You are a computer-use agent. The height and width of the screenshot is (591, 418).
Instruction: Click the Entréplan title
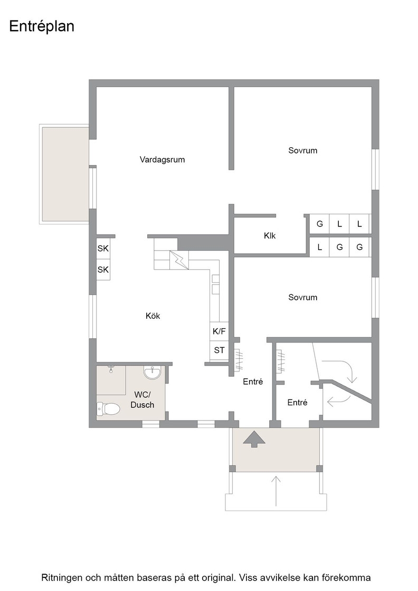pyautogui.click(x=42, y=27)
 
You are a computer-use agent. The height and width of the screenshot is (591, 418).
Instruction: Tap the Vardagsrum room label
pyautogui.click(x=162, y=160)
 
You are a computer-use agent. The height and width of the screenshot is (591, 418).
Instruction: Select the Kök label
pyautogui.click(x=153, y=316)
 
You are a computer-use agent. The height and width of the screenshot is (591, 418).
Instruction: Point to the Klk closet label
pyautogui.click(x=270, y=235)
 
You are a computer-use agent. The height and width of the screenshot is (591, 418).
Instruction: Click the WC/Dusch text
pyautogui.click(x=142, y=400)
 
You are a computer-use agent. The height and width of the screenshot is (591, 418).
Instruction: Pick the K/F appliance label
pyautogui.click(x=219, y=331)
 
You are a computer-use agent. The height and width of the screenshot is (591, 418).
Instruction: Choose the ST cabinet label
pyautogui.click(x=219, y=350)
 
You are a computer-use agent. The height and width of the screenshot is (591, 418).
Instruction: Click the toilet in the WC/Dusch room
pyautogui.click(x=108, y=407)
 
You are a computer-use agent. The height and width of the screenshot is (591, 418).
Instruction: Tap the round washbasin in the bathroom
pyautogui.click(x=153, y=372)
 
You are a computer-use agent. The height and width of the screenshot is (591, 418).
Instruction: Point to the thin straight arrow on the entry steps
pyautogui.click(x=276, y=491)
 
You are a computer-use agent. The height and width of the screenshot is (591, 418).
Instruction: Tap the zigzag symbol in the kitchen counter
pyautogui.click(x=179, y=260)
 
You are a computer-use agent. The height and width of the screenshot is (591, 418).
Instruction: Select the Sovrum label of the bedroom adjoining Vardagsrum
pyautogui.click(x=302, y=150)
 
